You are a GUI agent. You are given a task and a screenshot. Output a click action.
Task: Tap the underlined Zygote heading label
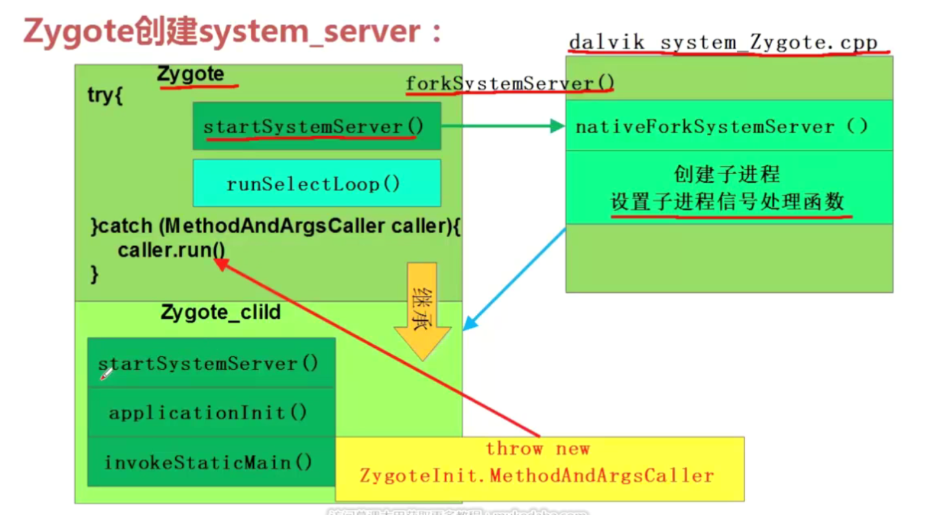191,75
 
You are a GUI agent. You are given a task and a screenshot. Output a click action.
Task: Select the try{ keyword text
105,96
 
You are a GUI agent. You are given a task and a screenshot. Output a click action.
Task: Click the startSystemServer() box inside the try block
316,126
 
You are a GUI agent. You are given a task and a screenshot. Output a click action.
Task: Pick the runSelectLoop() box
316,184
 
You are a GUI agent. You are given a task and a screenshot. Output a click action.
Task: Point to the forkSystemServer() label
509,84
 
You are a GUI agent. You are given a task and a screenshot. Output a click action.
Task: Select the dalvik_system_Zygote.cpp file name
723,43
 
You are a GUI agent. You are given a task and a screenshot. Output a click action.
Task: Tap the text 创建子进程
726,174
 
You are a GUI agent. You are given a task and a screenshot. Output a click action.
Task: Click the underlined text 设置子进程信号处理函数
728,202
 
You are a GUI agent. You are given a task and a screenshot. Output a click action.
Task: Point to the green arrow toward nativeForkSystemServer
502,126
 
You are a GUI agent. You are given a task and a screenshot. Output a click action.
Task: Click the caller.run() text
171,250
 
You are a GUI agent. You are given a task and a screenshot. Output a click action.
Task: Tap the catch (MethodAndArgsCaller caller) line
275,227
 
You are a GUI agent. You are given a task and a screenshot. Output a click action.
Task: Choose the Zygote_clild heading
220,313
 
